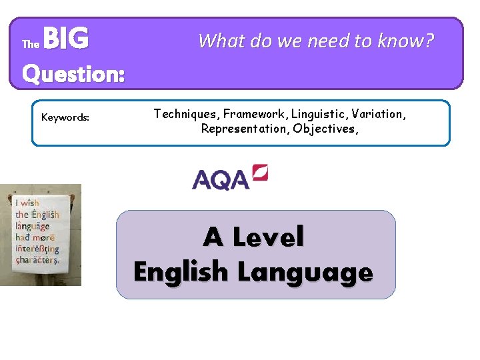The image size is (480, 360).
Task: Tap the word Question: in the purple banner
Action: click(73, 73)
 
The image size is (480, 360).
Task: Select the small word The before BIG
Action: click(31, 45)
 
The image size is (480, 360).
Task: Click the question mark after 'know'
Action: click(429, 41)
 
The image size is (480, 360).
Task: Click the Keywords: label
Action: click(65, 117)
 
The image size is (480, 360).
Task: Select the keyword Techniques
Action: click(187, 114)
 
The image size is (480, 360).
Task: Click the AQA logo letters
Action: click(220, 179)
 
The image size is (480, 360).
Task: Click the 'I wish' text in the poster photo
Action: click(28, 203)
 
